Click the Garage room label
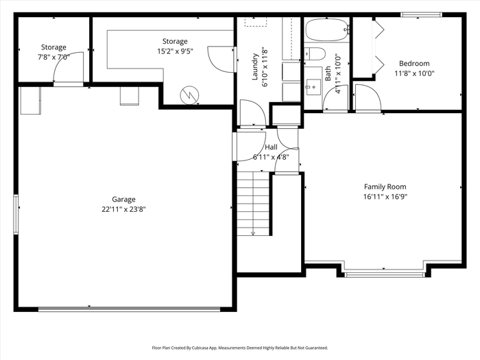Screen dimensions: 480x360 pos(123,200)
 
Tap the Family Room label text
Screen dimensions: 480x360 pos(385,187)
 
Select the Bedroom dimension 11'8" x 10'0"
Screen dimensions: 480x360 pos(414,73)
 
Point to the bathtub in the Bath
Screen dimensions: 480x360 pos(327,30)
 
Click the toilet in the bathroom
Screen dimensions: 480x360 pos(315,54)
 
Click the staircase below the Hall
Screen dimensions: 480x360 pos(253,204)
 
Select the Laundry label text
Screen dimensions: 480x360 pos(255,67)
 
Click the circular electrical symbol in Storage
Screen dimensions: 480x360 pos(189,95)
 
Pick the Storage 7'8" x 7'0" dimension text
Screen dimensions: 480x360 pos(53,57)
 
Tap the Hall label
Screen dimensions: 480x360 pos(272,147)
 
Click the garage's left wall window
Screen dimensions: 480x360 pos(16,215)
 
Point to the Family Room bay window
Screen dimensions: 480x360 pos(385,274)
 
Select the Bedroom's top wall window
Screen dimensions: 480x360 pos(421,14)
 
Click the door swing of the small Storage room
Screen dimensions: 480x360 pos(68,67)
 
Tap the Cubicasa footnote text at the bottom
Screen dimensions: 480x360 pos(240,348)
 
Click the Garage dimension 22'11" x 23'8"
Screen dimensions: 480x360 pos(123,209)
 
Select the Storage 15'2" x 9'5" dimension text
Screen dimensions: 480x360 pos(175,51)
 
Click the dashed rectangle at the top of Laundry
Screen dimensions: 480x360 pos(256,22)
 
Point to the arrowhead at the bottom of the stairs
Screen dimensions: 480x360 pos(253,234)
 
